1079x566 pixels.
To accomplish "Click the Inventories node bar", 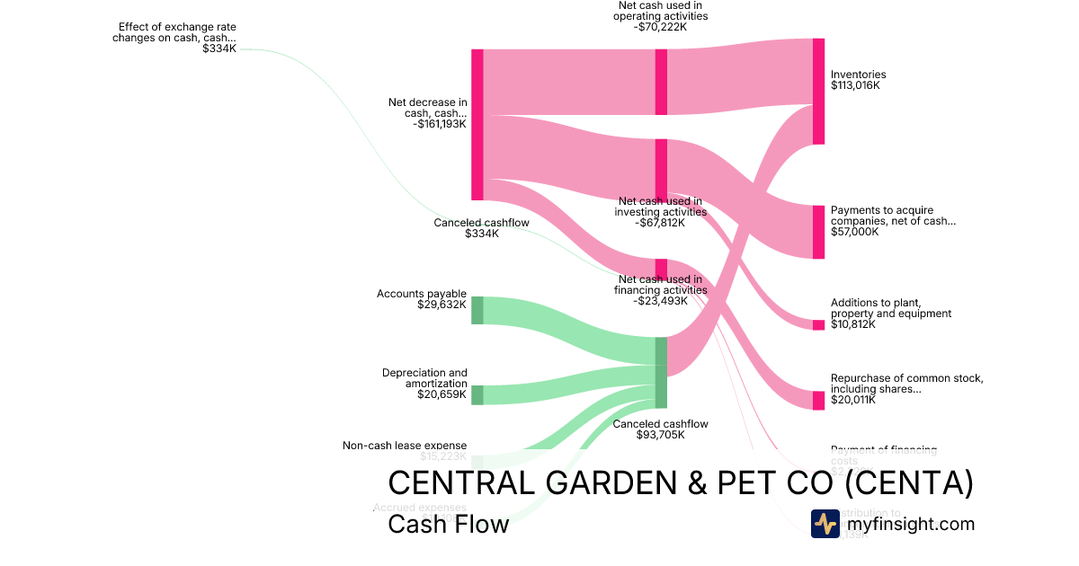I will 818,91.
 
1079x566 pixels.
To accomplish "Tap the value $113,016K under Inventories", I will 855,86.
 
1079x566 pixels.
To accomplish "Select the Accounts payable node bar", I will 477,309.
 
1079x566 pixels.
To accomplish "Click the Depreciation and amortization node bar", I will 477,394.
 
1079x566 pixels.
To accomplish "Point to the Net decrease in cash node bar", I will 477,124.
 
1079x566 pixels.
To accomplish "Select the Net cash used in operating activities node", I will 661,82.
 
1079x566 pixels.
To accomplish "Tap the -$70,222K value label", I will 660,27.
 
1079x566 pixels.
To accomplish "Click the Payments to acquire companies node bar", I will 818,232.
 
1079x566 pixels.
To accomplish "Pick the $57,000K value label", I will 855,232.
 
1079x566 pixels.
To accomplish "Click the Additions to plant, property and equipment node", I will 818,324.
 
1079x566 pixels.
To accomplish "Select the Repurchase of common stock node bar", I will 818,400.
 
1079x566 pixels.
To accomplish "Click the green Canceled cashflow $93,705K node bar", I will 661,372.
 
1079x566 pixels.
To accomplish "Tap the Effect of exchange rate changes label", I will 174,32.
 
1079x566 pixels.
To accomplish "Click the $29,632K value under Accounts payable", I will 441,305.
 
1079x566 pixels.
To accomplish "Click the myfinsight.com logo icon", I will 825,524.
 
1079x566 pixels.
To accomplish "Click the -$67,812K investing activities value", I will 660,223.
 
